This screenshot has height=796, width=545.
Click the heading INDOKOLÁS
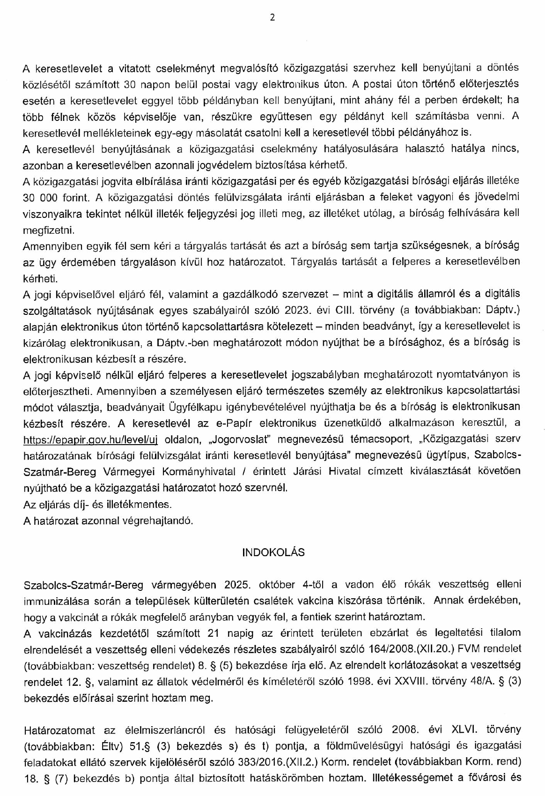pos(273,552)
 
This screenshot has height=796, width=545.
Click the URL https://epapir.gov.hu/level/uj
pos(90,439)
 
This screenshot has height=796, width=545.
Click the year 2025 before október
pos(239,585)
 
